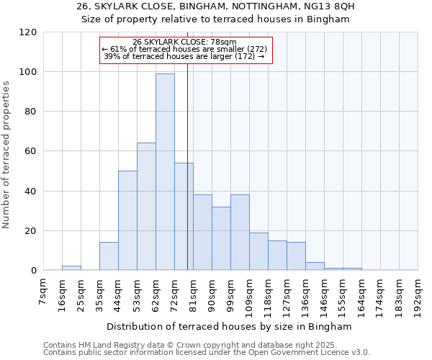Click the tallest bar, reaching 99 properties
coord(165,172)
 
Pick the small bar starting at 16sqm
coord(71,268)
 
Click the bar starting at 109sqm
coord(258,251)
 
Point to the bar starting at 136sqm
coord(315,266)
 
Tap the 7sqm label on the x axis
coord(44,292)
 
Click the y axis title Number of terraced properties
coord(7,155)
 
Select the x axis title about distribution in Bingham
coord(230,326)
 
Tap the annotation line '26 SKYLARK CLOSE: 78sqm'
coord(185,42)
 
